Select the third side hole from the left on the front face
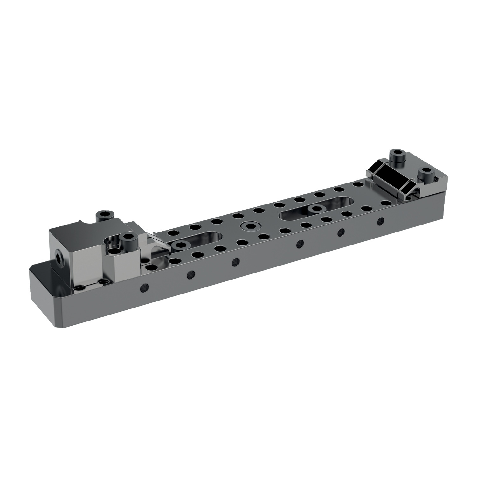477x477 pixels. coord(235,261)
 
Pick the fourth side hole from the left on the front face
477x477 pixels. coord(299,243)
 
